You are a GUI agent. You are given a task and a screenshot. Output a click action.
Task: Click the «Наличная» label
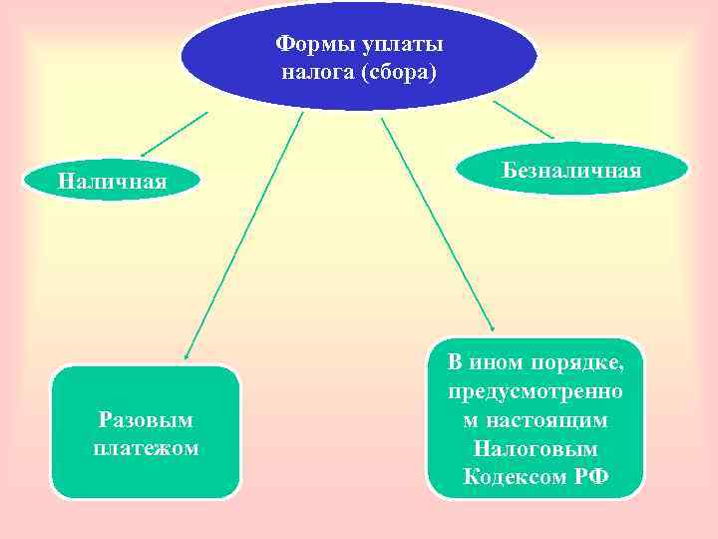113,182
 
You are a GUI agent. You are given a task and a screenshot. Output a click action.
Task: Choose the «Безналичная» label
571,169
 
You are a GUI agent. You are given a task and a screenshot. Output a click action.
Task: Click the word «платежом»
146,448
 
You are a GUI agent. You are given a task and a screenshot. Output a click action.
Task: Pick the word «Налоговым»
536,448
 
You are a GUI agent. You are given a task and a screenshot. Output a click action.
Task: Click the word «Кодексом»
515,476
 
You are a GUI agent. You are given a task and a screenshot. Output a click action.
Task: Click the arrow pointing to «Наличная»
175,134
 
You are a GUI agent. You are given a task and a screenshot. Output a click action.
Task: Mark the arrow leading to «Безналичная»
524,119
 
